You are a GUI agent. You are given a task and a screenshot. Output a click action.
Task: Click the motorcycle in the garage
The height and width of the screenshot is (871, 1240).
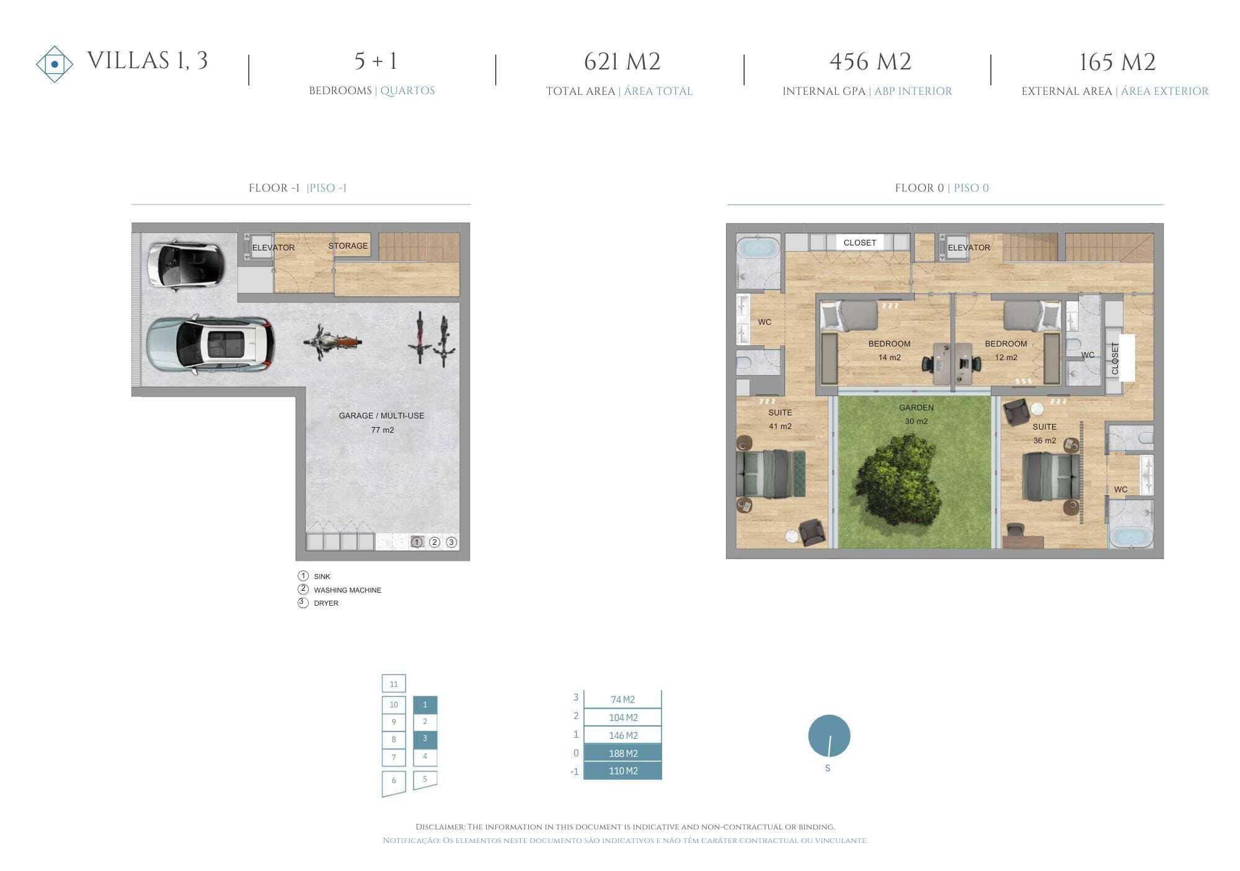tap(332, 342)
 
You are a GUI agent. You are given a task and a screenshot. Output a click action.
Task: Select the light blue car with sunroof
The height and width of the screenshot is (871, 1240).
tap(210, 345)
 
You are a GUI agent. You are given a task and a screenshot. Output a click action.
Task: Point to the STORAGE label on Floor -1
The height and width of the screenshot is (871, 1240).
tap(348, 246)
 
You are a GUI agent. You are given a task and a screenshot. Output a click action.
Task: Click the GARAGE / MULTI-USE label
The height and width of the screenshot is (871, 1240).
tap(381, 415)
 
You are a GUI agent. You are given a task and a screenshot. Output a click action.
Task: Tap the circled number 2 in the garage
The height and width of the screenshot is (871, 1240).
tap(435, 542)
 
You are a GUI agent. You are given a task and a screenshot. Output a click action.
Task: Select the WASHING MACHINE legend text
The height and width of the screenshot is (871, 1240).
tap(347, 590)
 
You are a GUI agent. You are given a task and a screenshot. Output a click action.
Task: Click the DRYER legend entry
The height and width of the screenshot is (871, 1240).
tap(326, 603)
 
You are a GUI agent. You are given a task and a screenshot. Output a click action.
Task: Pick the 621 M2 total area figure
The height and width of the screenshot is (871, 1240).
tap(622, 61)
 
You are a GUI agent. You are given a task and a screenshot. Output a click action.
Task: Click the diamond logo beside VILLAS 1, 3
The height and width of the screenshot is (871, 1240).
tap(55, 64)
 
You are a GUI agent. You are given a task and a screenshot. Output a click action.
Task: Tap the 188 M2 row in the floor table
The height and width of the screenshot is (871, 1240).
tap(622, 753)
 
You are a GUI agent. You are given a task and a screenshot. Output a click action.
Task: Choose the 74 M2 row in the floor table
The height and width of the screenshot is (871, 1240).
tap(622, 699)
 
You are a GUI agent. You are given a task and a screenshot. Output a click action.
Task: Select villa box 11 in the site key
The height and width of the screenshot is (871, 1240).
tap(394, 684)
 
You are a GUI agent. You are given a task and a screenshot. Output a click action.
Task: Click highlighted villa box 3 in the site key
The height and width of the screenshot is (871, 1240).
tap(425, 739)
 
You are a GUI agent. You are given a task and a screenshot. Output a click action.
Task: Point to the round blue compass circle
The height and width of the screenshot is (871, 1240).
tap(829, 736)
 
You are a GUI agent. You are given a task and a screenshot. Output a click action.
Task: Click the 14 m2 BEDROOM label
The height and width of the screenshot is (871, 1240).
tap(889, 350)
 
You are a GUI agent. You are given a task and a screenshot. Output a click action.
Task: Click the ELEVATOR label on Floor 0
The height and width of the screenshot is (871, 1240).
tap(968, 247)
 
